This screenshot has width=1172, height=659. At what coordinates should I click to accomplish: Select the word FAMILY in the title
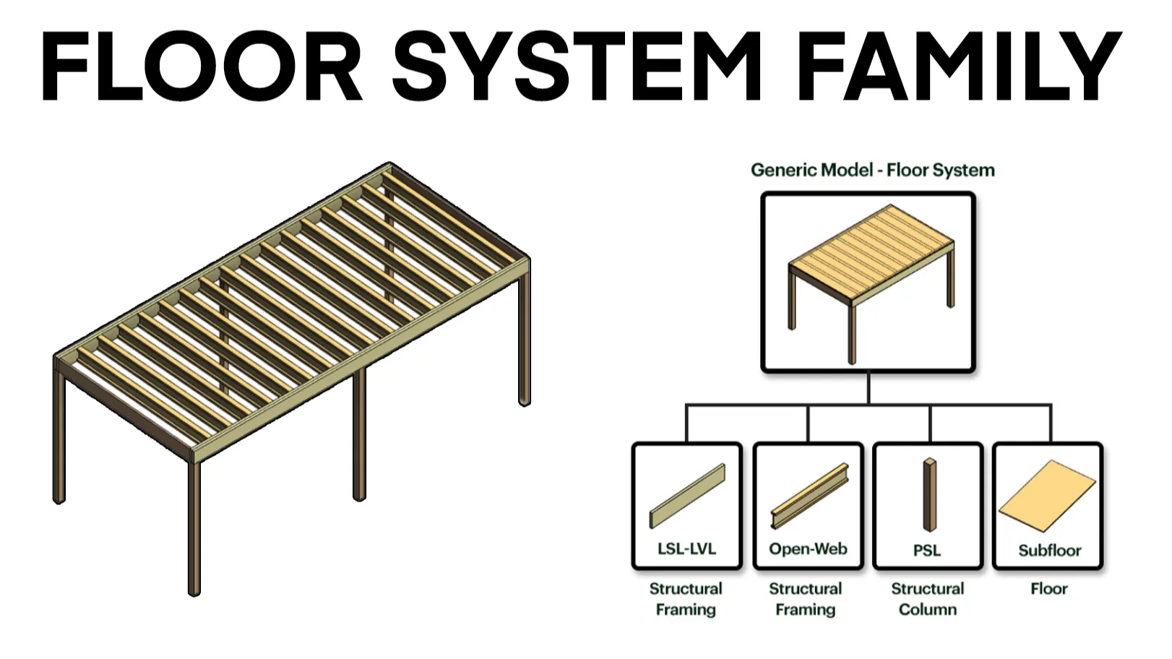coord(958,66)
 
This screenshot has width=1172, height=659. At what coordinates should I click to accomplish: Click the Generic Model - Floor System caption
coord(873,171)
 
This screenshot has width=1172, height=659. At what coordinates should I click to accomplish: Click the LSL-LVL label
coord(686,548)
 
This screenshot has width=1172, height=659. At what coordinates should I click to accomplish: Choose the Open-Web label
coord(808,548)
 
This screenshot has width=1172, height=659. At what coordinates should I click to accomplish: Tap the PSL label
coord(927,551)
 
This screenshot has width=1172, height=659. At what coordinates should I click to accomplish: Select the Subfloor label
coord(1049,551)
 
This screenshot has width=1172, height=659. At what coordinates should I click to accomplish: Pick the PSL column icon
coord(929,495)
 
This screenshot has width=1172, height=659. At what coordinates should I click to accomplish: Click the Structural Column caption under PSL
coord(928,599)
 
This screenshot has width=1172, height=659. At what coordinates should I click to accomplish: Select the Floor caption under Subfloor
coord(1049,589)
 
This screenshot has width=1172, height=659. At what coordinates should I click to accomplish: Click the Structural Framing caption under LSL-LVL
coord(686,599)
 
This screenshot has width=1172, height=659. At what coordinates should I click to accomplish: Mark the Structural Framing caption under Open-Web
coord(806,599)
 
